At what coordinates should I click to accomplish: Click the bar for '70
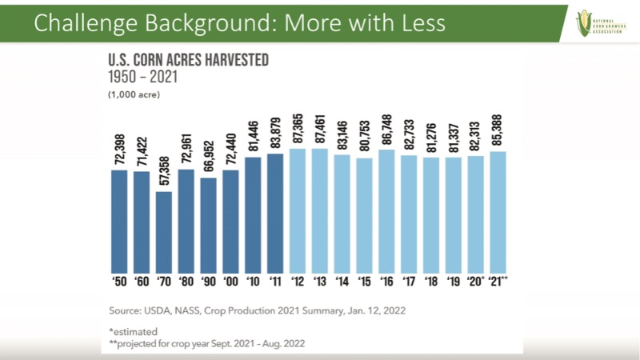point(164,232)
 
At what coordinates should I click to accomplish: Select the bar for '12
point(298,210)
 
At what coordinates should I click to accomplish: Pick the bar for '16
point(388,210)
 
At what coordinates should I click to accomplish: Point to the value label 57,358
point(165,173)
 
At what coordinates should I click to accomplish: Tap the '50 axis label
point(119,282)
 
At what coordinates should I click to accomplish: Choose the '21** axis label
point(500,282)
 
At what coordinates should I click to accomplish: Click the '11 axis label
point(275,282)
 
